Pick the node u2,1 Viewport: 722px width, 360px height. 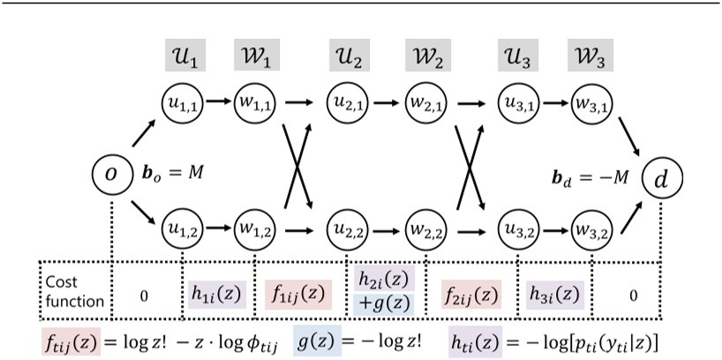point(350,103)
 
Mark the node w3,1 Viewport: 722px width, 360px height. point(591,103)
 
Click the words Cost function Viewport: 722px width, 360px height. point(74,293)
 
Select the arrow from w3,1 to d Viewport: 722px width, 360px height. point(633,136)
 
